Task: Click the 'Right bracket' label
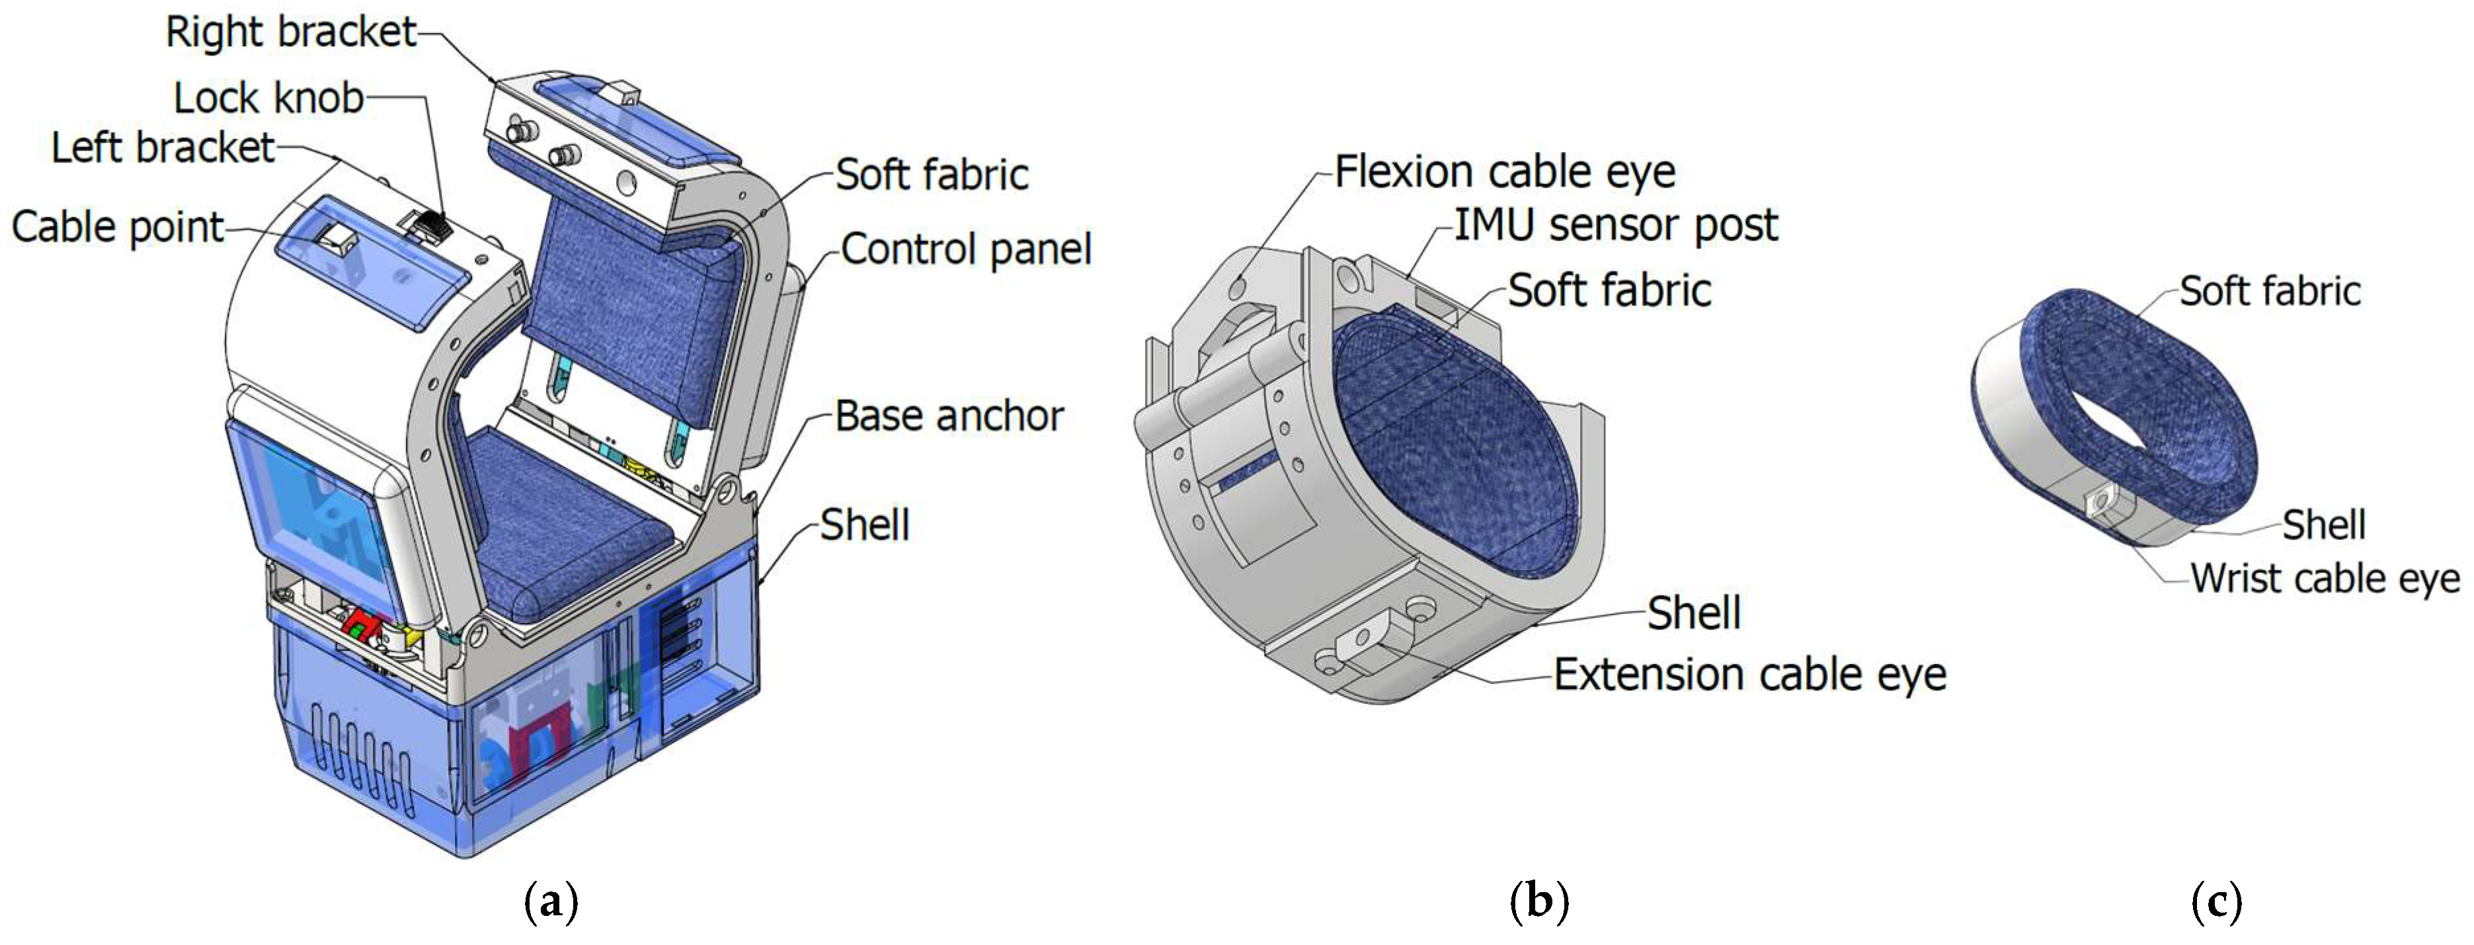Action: (x=290, y=32)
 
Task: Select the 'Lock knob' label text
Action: (x=268, y=98)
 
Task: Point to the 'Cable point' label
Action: (x=117, y=227)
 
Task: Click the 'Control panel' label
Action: (x=965, y=250)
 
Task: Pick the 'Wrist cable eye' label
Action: (x=2324, y=579)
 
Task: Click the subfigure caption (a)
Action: (x=551, y=902)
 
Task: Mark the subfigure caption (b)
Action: (x=1538, y=902)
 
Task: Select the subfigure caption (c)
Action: (x=2217, y=902)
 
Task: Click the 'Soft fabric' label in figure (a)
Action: (x=931, y=174)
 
